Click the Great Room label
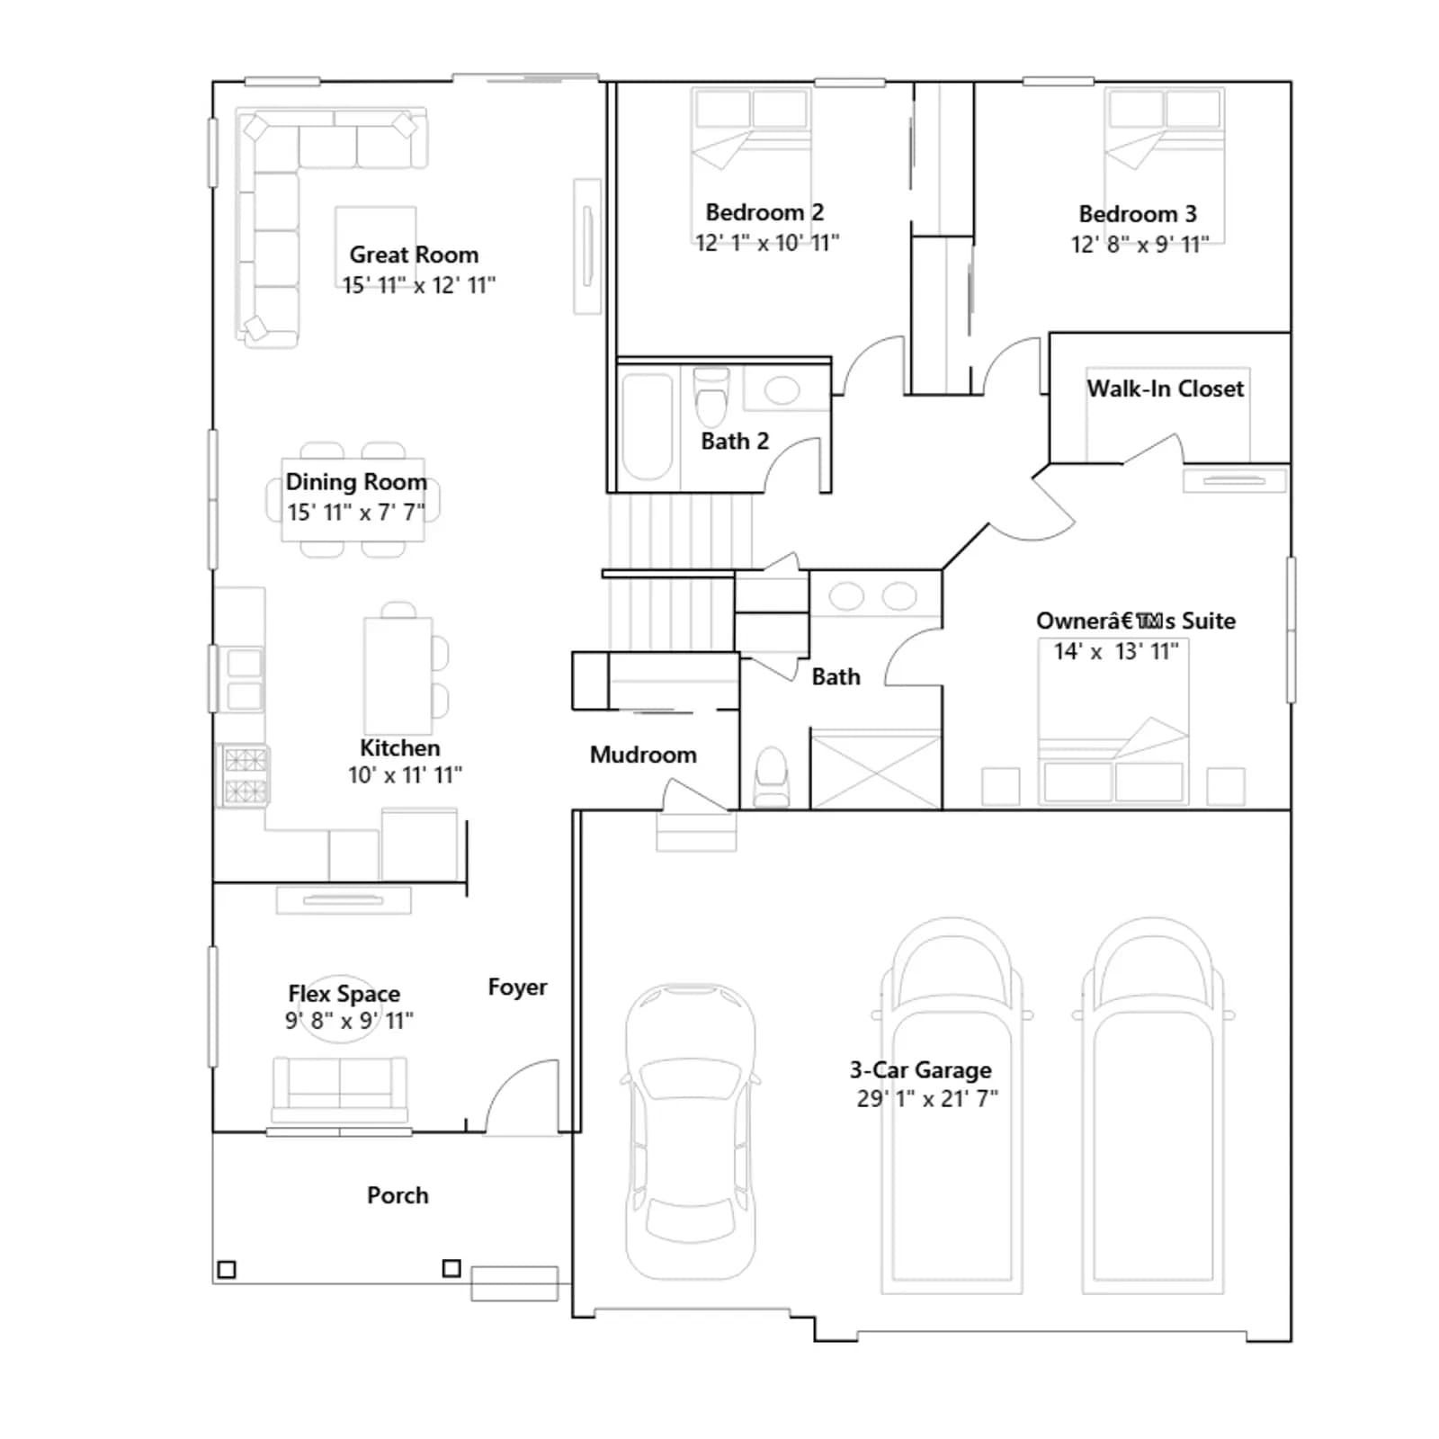(x=414, y=255)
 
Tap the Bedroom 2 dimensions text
(x=766, y=243)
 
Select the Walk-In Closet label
(x=1166, y=389)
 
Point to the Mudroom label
(x=643, y=755)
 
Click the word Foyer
(x=517, y=988)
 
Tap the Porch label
(x=398, y=1195)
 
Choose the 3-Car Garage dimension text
(x=927, y=1099)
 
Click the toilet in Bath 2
(x=711, y=397)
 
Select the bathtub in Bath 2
(x=647, y=427)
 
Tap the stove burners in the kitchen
(x=245, y=775)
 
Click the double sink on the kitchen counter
(x=244, y=680)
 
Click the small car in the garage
(x=691, y=1131)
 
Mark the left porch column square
(x=227, y=1270)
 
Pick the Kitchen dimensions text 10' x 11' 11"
(x=406, y=775)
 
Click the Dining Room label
(x=356, y=482)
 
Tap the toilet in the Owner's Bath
(x=772, y=778)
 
